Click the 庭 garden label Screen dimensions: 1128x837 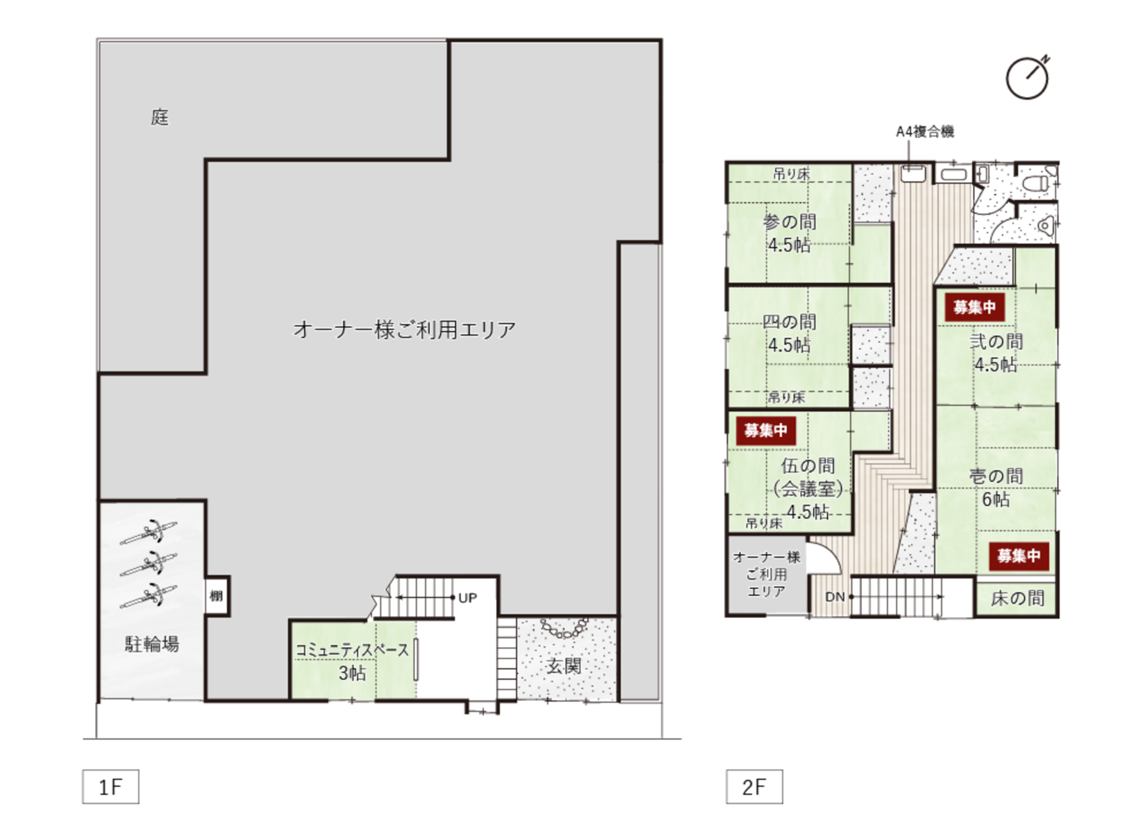(x=160, y=118)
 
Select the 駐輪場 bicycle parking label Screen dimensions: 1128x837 (x=152, y=644)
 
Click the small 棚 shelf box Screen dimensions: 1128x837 (x=217, y=596)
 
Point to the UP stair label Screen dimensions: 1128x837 (x=467, y=598)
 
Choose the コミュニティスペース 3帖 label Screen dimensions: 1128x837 (x=352, y=661)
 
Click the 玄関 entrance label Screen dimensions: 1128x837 (x=564, y=666)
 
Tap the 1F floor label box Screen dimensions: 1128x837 (x=111, y=787)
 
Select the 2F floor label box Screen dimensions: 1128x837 (x=754, y=787)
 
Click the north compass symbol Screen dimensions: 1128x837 (x=1027, y=78)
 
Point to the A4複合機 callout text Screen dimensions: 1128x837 (x=925, y=132)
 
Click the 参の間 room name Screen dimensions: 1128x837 (x=790, y=222)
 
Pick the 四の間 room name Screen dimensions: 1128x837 (x=790, y=322)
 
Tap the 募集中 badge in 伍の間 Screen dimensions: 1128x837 (x=766, y=431)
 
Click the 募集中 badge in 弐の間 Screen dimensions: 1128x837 (x=974, y=307)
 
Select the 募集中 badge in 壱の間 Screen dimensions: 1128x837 (x=1019, y=556)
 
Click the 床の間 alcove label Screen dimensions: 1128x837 (x=1017, y=598)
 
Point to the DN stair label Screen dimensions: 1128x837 (x=835, y=597)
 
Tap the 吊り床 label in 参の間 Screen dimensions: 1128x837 (x=791, y=174)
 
